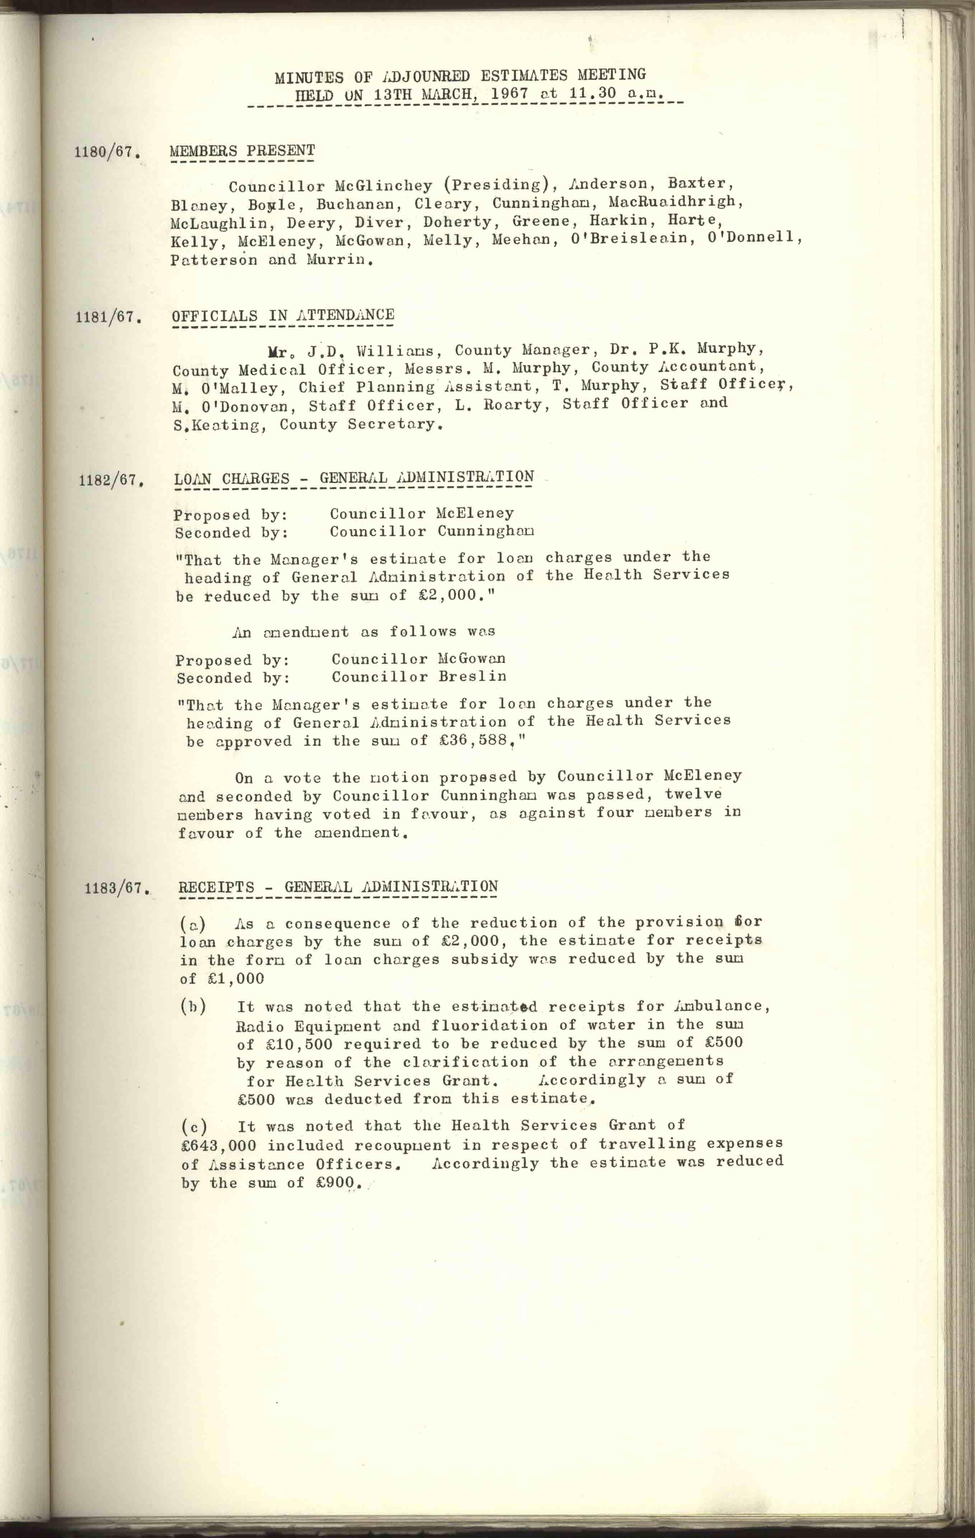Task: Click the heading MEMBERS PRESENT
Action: pos(242,151)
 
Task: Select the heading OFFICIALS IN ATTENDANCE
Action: pos(283,315)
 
